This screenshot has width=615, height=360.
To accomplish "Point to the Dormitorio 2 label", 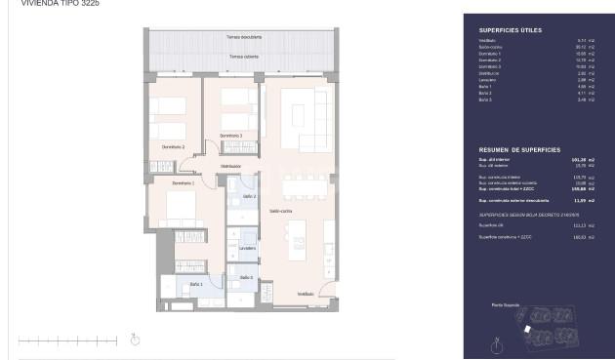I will (174, 146).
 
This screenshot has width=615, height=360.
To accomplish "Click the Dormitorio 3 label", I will (231, 135).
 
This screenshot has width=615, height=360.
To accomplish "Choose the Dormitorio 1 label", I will (184, 182).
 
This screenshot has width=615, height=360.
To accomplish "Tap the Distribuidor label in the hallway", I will (231, 167).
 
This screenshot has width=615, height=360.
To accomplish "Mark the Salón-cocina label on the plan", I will (282, 211).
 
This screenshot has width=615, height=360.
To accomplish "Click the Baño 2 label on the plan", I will (249, 197).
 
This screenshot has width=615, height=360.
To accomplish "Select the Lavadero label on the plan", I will (246, 248).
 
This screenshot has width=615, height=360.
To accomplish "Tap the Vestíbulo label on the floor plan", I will (306, 293).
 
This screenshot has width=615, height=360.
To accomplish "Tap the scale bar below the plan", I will (68, 340).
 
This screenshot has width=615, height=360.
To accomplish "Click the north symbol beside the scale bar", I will (136, 340).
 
